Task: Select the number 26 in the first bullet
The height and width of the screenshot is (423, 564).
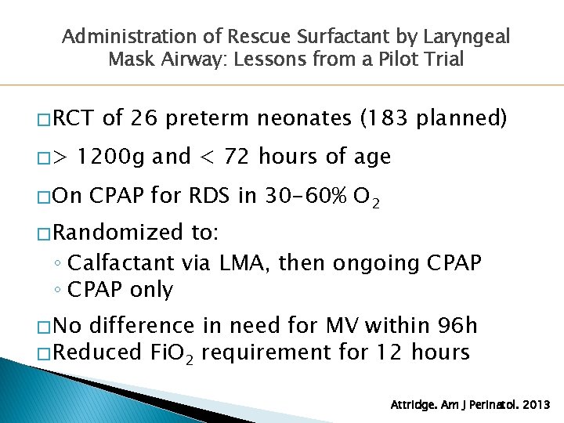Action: (143, 118)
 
